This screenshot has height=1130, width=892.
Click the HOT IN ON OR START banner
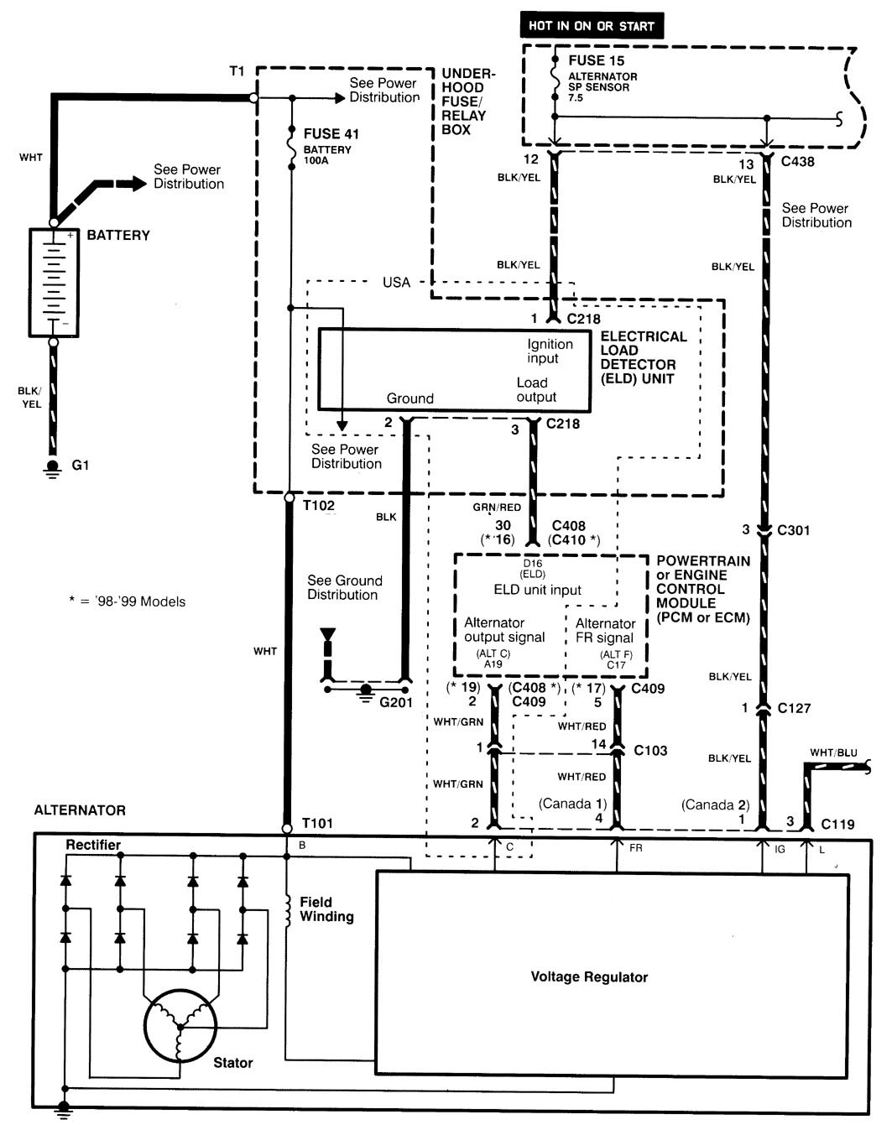coord(592,25)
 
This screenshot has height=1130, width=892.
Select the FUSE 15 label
coord(597,60)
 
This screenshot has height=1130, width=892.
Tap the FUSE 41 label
coord(331,133)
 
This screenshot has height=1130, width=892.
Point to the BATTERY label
coord(118,235)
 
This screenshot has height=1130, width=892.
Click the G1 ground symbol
coord(53,467)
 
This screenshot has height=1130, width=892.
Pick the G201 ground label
coord(396,702)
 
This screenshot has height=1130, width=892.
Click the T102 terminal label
coord(319,505)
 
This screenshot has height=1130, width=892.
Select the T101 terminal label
coord(317,823)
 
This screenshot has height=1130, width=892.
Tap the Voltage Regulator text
coord(589,977)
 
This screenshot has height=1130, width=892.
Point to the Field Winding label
coord(326,909)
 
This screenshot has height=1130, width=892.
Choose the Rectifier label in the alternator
coord(93,845)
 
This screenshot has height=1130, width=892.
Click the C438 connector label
coord(797,161)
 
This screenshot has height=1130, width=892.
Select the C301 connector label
coord(793,530)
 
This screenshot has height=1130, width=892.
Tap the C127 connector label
coord(794,708)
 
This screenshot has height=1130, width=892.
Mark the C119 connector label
coord(837,824)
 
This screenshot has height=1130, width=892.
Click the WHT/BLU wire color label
coord(833,752)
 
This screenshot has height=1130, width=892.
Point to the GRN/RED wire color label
coord(497,508)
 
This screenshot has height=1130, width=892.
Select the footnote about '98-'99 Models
coord(127,601)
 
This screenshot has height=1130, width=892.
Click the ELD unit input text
coord(537,590)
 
